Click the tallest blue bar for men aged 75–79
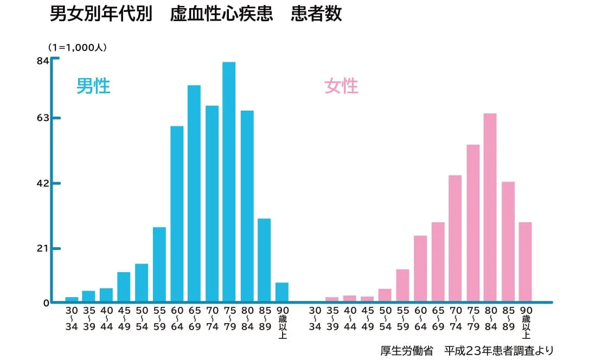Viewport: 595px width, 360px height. [229, 182]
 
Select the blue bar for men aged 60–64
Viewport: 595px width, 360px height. [177, 214]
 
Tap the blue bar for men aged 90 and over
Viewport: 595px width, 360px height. [282, 292]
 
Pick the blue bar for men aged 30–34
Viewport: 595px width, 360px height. [72, 299]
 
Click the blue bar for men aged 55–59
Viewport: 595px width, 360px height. [159, 264]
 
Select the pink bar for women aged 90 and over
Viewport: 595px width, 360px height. [525, 262]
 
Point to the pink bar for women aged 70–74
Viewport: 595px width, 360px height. [455, 239]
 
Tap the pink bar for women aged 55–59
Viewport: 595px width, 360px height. [402, 285]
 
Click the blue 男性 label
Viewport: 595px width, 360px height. [93, 86]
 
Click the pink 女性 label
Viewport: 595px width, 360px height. [341, 86]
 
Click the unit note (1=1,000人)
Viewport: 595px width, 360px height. [77, 47]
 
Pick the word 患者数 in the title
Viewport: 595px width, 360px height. [316, 14]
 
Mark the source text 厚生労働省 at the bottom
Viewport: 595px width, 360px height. [407, 350]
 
